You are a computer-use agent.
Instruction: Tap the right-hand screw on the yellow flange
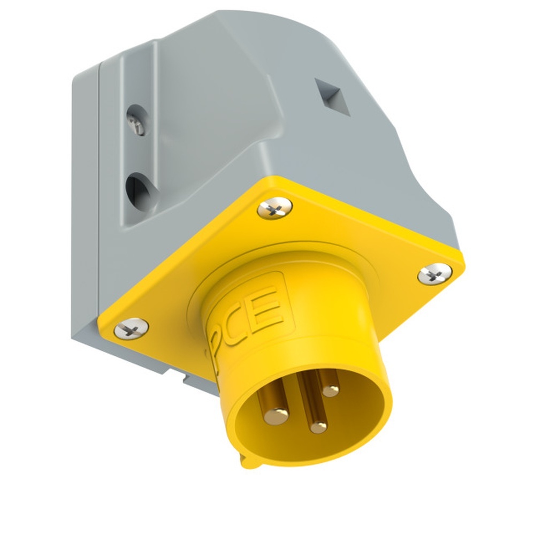pos(434,274)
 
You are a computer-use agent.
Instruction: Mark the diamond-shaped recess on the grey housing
pos(332,97)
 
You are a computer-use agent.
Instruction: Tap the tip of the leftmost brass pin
pos(276,413)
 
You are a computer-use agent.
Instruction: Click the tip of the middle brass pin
pos(318,426)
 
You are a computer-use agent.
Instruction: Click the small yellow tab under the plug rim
pos(248,460)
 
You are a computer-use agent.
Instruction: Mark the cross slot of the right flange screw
pos(434,274)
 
